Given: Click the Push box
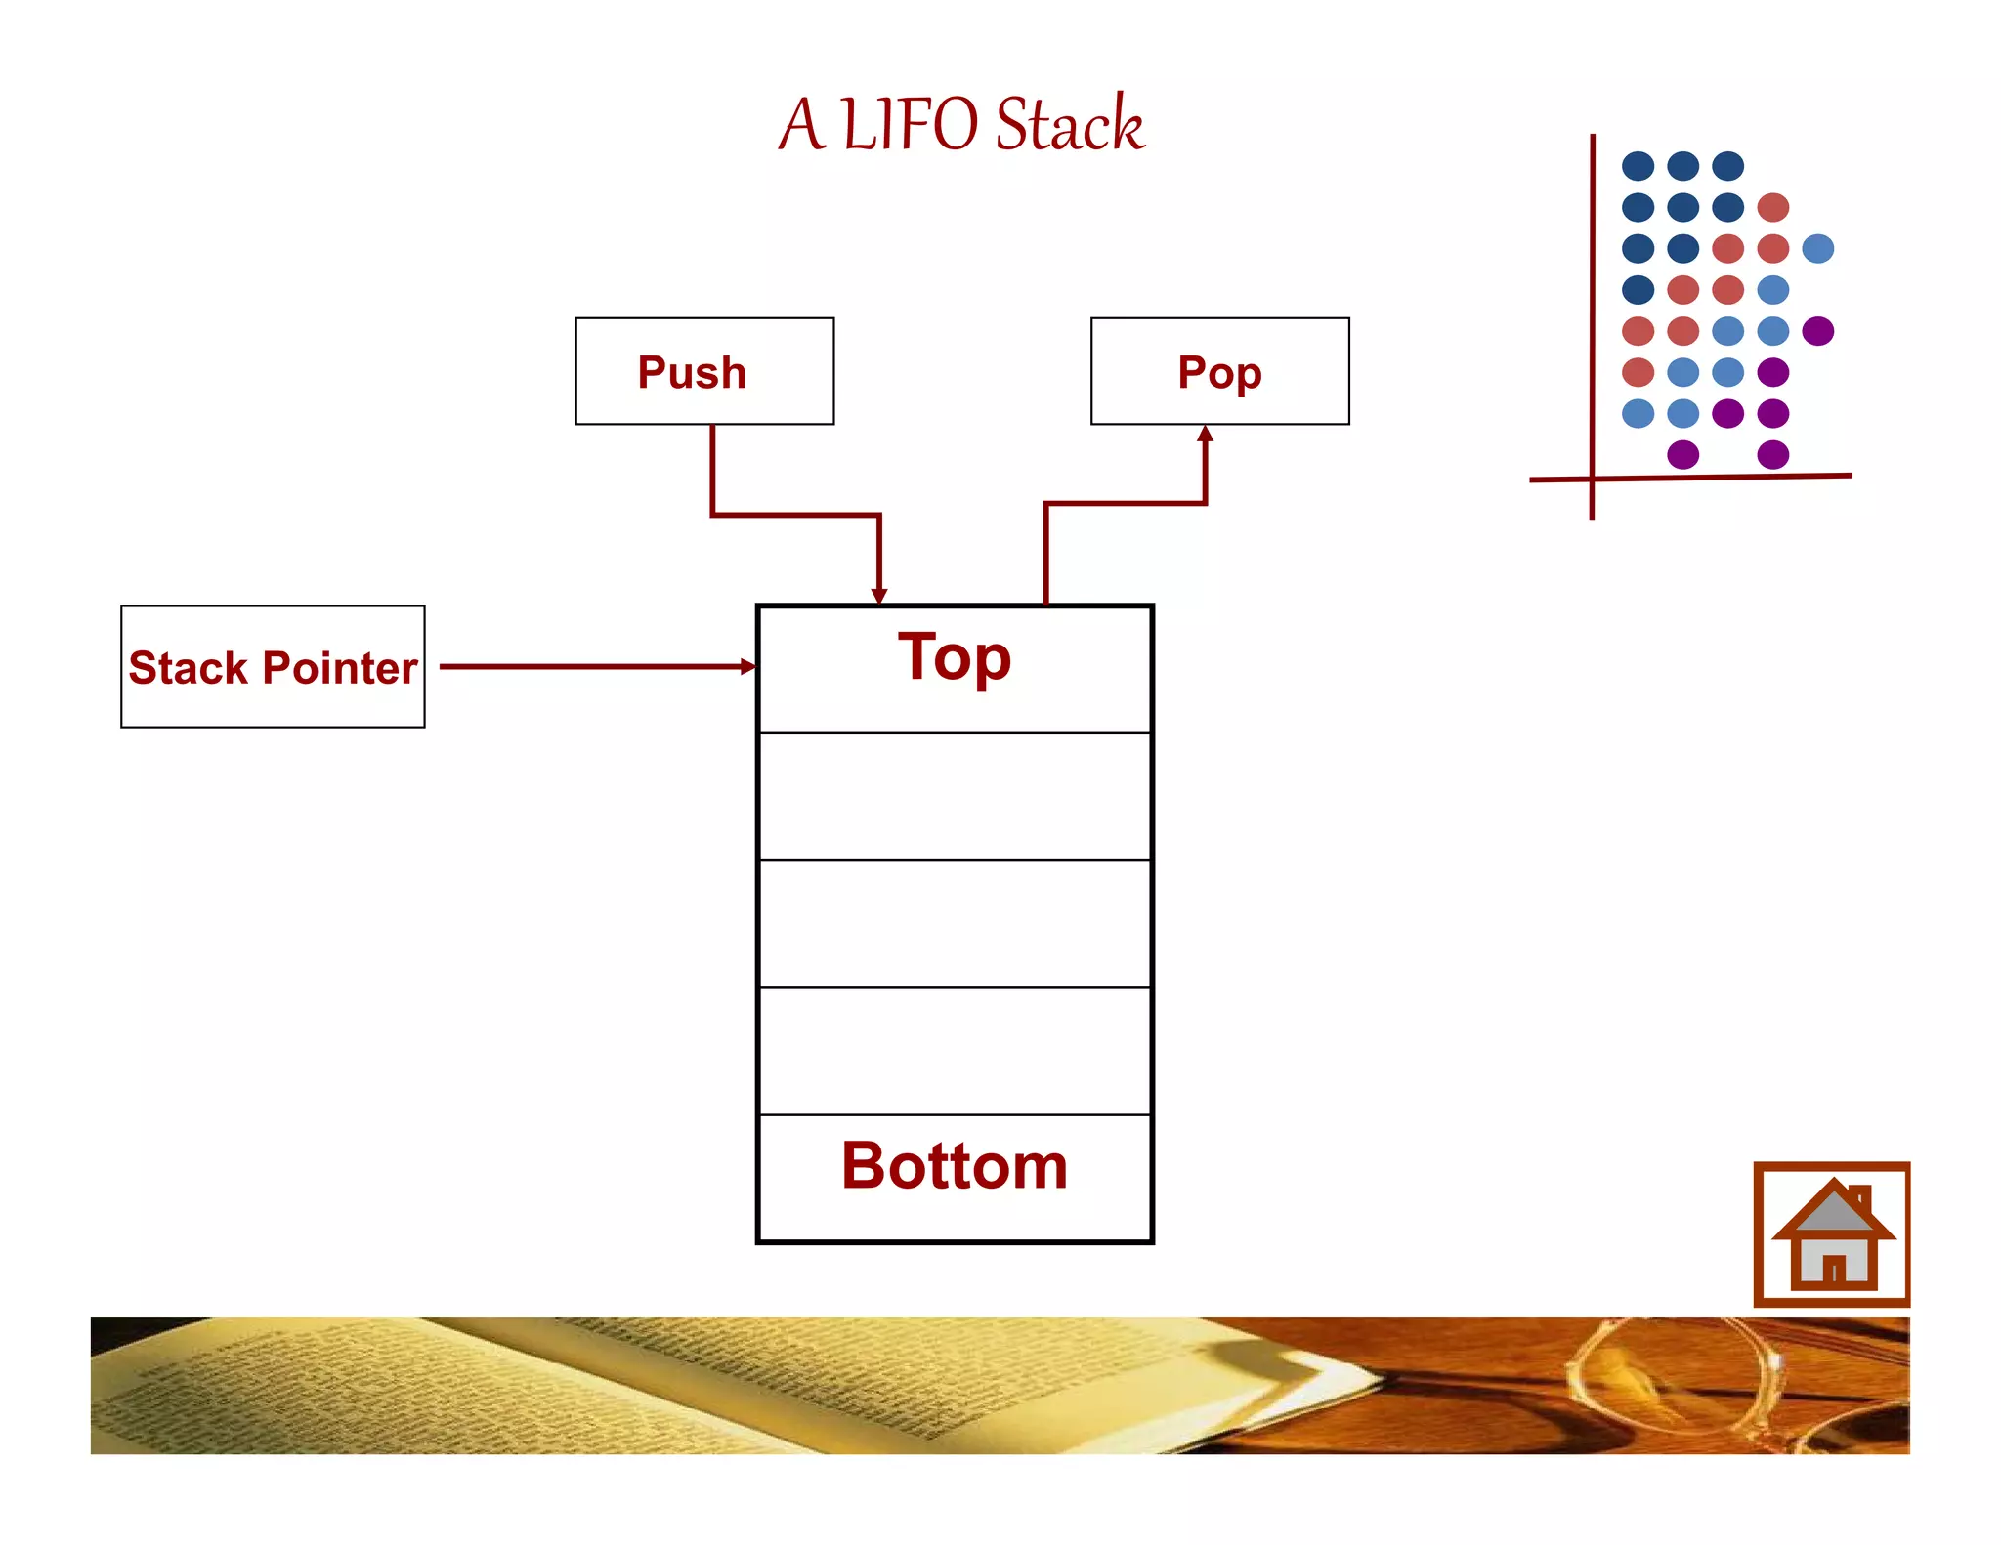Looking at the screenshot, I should coord(704,371).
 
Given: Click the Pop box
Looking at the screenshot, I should coord(1219,371).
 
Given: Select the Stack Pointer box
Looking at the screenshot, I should coord(273,667).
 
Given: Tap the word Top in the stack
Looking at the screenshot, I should coord(955,657).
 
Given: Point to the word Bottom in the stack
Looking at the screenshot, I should coord(955,1166).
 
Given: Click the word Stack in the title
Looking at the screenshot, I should coord(1069,125).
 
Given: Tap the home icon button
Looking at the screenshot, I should coord(1832,1234).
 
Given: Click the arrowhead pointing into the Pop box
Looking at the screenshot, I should coord(1206,435).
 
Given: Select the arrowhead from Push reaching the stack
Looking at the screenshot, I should coord(879,595).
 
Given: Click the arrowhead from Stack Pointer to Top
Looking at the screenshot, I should coord(747,667).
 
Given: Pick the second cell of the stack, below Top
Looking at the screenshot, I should coord(955,797).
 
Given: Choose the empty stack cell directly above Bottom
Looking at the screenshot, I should coord(955,1051).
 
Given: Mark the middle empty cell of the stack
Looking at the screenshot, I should coord(955,924).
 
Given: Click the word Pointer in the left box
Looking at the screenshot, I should coord(340,668).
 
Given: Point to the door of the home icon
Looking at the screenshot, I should coord(1834,1268).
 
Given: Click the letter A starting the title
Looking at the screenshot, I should coord(801,125).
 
